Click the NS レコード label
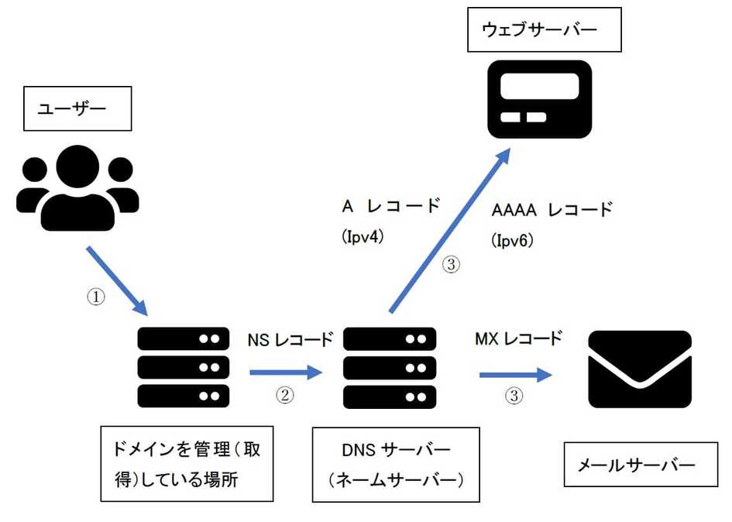(290, 340)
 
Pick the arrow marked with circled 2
(285, 373)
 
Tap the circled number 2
(286, 396)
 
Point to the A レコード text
(391, 207)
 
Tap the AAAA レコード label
(552, 210)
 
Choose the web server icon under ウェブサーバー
(539, 99)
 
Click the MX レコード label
(518, 339)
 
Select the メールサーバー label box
(637, 465)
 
